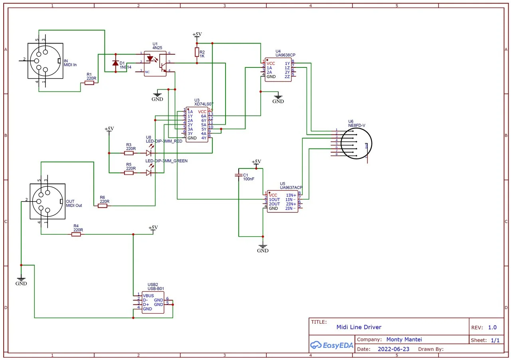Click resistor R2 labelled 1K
click(196, 52)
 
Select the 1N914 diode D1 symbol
click(116, 63)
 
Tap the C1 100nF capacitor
click(239, 175)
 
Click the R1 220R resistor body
click(89, 83)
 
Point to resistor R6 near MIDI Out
click(103, 206)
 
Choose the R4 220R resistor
click(76, 234)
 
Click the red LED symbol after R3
click(149, 153)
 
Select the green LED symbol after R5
click(149, 173)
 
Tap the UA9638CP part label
click(285, 55)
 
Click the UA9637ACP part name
click(291, 187)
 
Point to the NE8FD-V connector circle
click(358, 143)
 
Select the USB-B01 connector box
click(153, 302)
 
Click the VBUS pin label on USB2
click(148, 296)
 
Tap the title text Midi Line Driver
click(358, 327)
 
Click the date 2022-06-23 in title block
click(393, 349)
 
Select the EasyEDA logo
click(332, 345)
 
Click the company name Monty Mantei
click(404, 340)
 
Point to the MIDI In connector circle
click(43, 61)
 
